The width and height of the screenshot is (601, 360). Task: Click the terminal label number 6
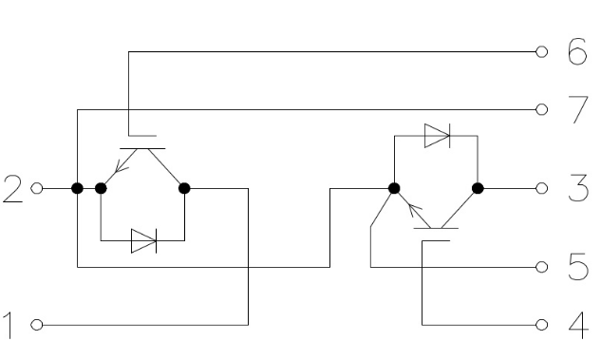[577, 51]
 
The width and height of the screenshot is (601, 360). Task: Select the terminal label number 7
[578, 109]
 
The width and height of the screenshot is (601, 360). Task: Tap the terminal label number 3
[578, 188]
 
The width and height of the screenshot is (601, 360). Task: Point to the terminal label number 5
[578, 267]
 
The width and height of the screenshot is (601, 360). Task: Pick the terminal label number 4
[578, 325]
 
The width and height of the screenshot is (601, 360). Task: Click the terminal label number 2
[13, 188]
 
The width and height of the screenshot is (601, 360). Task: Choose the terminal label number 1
[9, 325]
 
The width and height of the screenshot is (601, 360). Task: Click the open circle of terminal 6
[541, 51]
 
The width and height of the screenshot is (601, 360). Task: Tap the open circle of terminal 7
[541, 109]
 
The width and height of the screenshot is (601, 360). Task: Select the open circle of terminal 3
[541, 188]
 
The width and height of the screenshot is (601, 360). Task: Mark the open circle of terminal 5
[541, 267]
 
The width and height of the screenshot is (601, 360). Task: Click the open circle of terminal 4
[541, 325]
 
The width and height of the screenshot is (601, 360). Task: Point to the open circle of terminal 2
[37, 188]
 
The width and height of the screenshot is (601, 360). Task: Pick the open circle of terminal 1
[37, 325]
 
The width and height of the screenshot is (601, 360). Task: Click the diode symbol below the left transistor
[143, 240]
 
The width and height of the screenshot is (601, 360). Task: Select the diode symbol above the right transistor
[438, 135]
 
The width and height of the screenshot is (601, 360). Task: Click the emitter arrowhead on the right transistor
[414, 209]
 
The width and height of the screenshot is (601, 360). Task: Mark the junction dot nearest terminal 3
[478, 188]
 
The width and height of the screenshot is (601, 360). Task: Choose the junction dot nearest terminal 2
[78, 188]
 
